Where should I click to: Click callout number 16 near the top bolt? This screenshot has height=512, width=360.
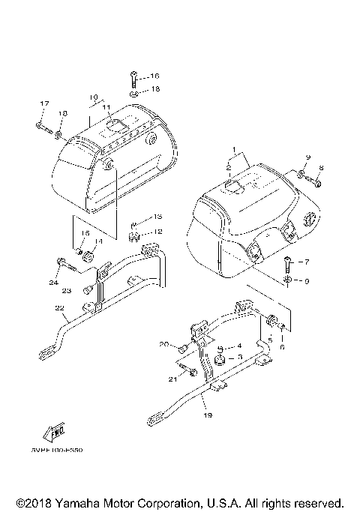[154, 76]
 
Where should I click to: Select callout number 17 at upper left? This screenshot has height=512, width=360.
[43, 103]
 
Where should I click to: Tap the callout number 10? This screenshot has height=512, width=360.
[94, 97]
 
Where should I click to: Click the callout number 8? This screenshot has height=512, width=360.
[321, 168]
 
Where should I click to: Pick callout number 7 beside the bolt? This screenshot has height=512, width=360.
[305, 262]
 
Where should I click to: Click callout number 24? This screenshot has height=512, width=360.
[53, 283]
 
